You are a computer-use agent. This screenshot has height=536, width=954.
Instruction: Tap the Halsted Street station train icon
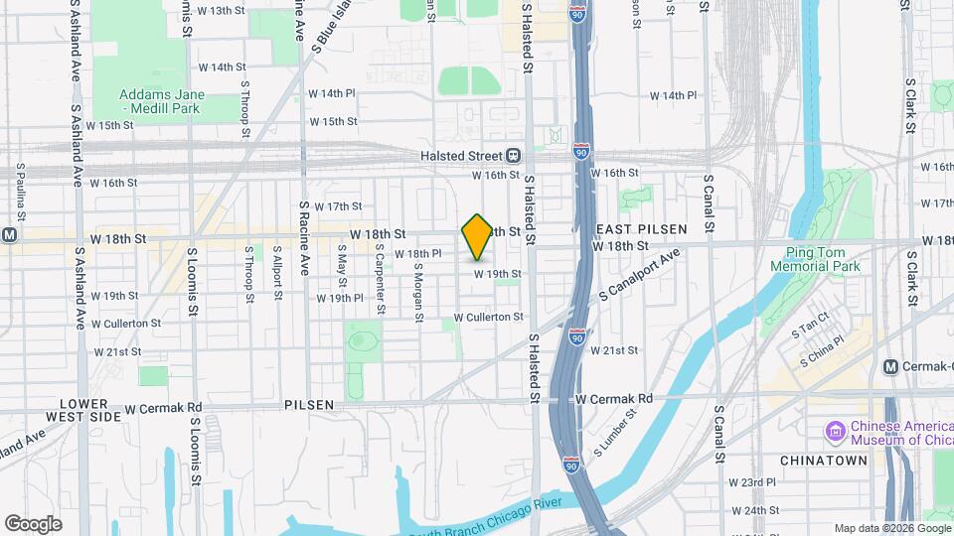[x=514, y=155]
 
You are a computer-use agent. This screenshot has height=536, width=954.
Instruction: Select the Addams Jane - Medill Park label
[x=162, y=100]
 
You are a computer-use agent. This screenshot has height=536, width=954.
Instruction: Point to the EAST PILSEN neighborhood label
[x=641, y=229]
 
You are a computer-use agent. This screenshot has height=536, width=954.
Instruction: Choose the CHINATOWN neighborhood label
[x=824, y=461]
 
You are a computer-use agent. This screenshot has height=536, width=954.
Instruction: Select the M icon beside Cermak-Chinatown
[x=892, y=367]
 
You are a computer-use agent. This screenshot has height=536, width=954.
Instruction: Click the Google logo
[x=33, y=523]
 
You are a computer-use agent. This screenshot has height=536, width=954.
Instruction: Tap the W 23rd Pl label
[x=751, y=482]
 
